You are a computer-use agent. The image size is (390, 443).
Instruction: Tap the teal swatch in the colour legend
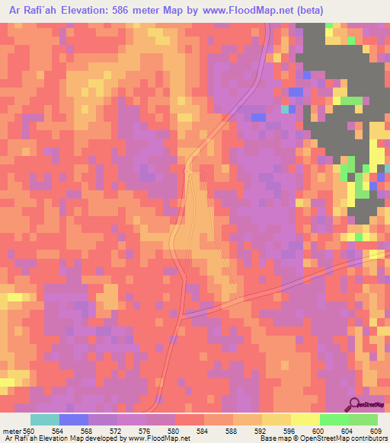point(45,419)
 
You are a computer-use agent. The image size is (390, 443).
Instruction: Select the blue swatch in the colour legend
point(74,419)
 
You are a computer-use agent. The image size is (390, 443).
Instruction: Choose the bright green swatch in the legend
point(334,419)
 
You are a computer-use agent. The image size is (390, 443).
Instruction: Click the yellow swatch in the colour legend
point(305,419)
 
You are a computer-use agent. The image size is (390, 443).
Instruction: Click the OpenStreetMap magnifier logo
point(355,404)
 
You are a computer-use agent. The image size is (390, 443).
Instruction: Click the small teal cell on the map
point(286,109)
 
